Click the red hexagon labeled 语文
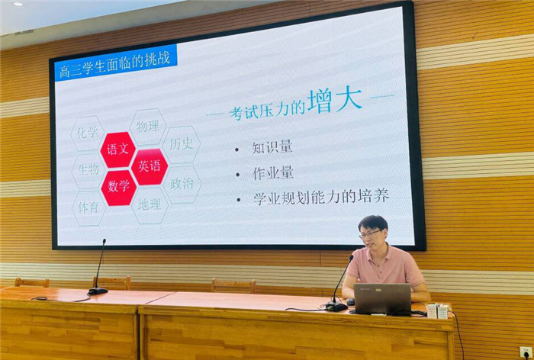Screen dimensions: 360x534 coord(118,149)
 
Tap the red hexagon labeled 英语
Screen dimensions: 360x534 coord(150,166)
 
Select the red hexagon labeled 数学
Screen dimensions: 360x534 coord(118,186)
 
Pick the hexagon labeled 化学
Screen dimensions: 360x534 coord(88,133)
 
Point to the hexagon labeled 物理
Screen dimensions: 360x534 coord(148,127)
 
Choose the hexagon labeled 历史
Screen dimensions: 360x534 coord(182,144)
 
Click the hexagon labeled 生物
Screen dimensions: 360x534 coord(88,169)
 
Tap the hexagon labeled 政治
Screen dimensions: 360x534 coord(182,184)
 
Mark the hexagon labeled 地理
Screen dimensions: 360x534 coord(150,204)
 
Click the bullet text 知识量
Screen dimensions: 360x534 coord(272,147)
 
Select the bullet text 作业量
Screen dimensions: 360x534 coord(272,172)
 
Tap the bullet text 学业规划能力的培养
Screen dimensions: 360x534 coord(321,197)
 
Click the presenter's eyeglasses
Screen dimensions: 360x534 coord(372,233)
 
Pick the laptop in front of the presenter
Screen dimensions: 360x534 coord(382,299)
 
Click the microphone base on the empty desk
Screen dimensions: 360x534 coord(98,291)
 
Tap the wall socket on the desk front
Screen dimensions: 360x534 coord(526,352)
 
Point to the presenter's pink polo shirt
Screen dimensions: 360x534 coord(385,268)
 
